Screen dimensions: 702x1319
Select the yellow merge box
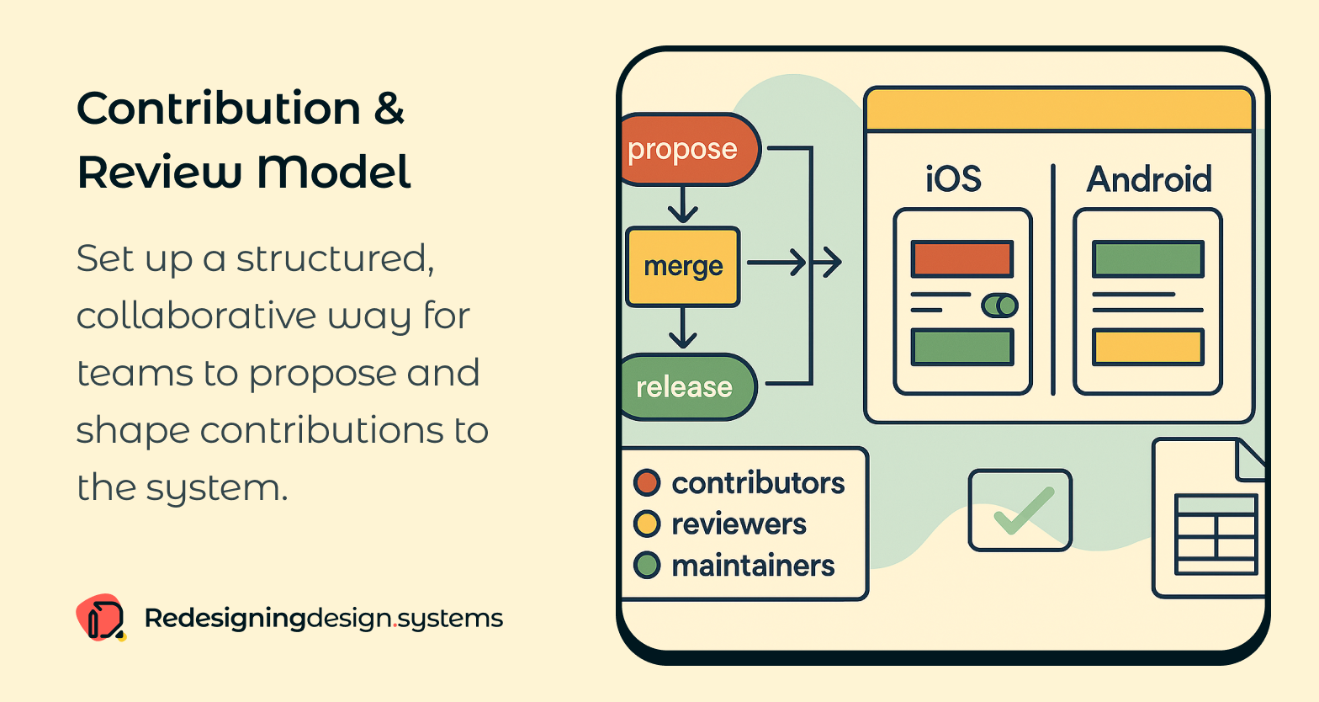click(683, 266)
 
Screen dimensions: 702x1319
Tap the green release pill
click(686, 387)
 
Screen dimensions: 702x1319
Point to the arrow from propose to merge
click(682, 205)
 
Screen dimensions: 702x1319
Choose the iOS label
click(953, 179)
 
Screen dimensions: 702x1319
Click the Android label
click(1149, 179)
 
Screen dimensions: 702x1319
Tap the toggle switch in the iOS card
click(999, 306)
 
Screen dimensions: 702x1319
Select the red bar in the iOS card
click(961, 259)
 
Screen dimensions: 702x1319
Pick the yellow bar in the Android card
click(1147, 347)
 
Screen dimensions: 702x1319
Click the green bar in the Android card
click(1147, 259)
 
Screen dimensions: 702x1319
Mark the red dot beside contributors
click(647, 483)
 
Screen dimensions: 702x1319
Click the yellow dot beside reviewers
click(647, 524)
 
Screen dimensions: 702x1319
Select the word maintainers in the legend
click(753, 566)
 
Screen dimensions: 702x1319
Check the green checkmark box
click(1020, 510)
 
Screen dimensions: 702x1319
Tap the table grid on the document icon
click(1216, 534)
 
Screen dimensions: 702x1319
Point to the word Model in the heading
click(333, 172)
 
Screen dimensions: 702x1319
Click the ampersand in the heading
click(389, 109)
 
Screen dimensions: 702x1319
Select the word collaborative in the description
click(195, 316)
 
